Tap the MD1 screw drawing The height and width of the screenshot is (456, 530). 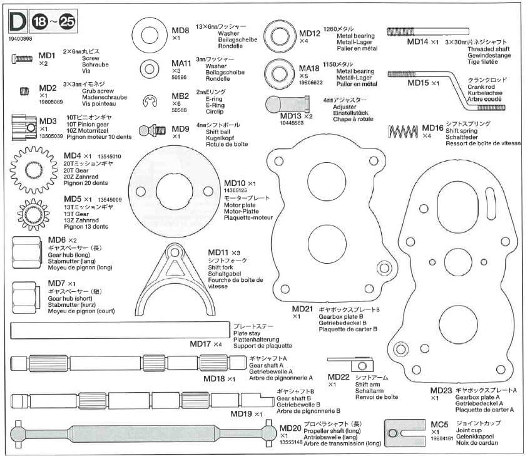coord(23,59)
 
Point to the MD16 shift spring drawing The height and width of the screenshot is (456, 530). coord(404,132)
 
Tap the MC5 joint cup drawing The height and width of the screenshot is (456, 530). coord(404,432)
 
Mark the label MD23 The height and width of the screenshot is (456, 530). coord(441,391)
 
